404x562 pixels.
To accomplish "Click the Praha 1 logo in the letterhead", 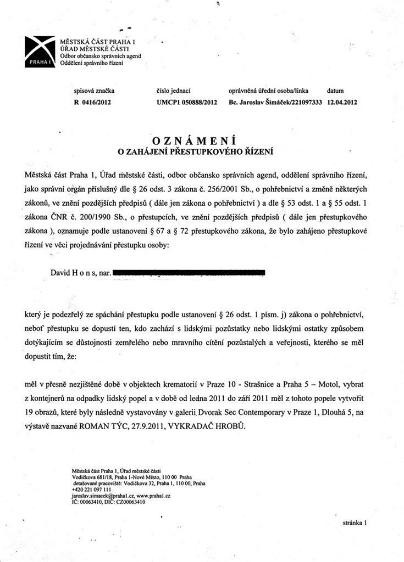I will click(40, 52).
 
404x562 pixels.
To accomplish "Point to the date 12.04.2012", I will click(342, 102).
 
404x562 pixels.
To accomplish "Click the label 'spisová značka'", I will click(87, 90).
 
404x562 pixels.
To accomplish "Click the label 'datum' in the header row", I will click(335, 90).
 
